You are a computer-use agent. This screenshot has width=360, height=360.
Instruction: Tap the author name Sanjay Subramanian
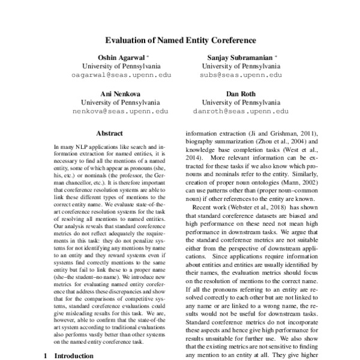click(x=238, y=57)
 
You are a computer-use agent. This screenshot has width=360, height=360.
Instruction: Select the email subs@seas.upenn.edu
click(x=241, y=76)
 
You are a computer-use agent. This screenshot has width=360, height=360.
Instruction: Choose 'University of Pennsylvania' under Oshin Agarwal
click(x=120, y=66)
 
